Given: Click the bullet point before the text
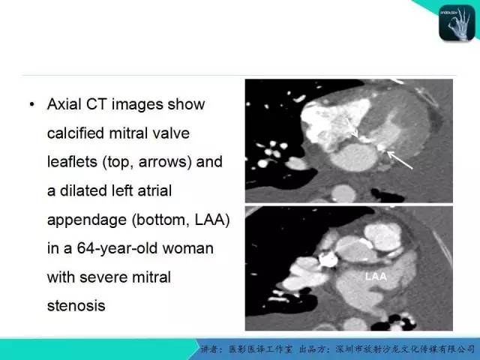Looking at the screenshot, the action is coord(32,105).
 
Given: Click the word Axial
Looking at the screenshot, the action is coord(64,104).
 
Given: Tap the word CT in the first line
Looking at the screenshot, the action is coord(96,104).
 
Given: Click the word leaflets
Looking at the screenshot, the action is coord(72,162).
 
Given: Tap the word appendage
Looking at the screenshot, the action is coord(87,220).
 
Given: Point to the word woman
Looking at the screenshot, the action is coord(188,248).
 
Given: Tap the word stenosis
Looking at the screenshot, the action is coord(76,305).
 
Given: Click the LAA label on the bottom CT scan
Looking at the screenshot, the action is coord(376,277).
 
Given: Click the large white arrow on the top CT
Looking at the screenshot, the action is coord(400,160).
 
